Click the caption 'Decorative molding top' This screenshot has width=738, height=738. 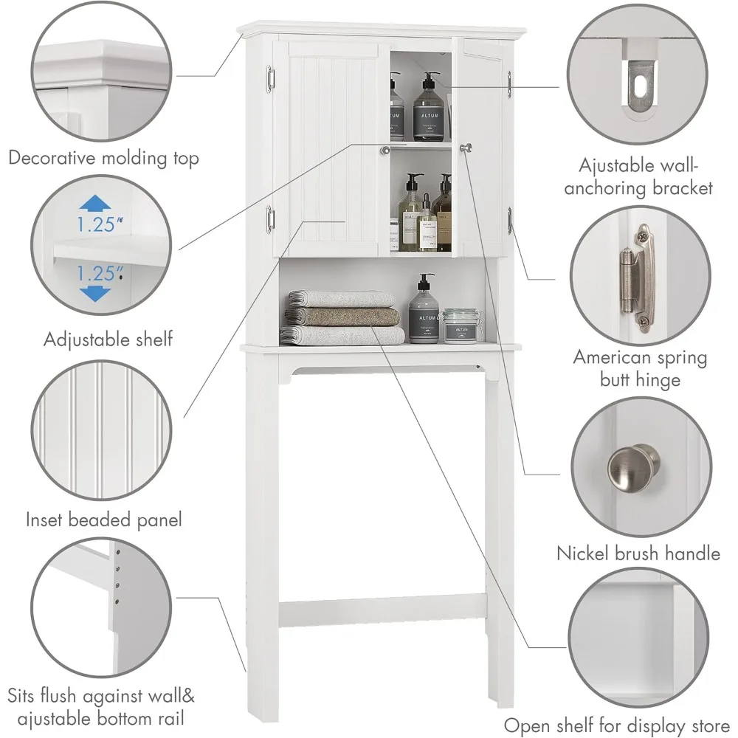tap(103, 158)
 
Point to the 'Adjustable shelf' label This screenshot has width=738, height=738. tap(107, 339)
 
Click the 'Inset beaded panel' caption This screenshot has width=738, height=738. tap(103, 520)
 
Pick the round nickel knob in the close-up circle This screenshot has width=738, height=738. tap(633, 466)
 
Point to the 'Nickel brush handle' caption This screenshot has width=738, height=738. tap(638, 553)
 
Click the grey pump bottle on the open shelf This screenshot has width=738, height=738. tap(424, 311)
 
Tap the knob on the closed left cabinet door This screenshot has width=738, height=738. tap(384, 151)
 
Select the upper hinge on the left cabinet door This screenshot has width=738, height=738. tap(270, 78)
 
